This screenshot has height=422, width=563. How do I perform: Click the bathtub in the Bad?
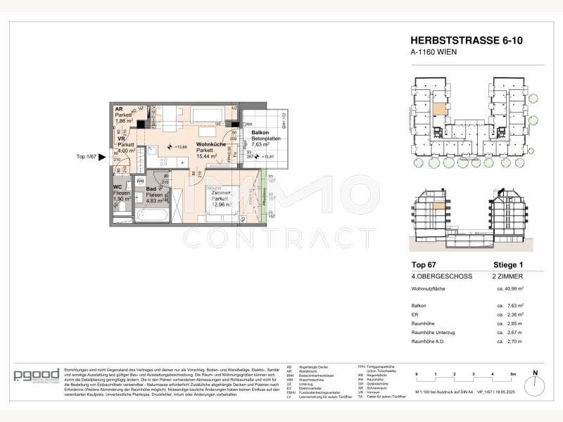pyautogui.click(x=152, y=210)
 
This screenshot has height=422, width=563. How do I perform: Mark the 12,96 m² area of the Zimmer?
pyautogui.click(x=215, y=205)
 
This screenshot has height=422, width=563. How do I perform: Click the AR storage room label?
pyautogui.click(x=119, y=110)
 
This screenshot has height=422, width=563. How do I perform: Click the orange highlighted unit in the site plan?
pyautogui.click(x=438, y=109)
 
